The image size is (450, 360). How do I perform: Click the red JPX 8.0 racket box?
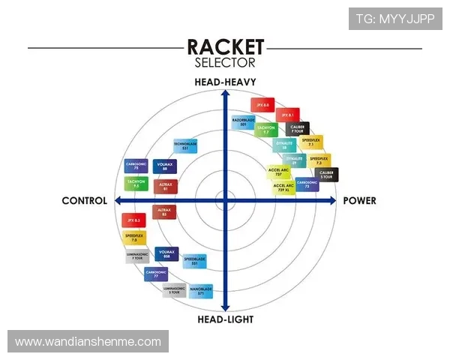pyautogui.click(x=261, y=105)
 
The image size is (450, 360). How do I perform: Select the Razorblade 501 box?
pyautogui.click(x=244, y=121)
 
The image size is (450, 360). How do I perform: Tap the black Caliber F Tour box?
pyautogui.click(x=298, y=129)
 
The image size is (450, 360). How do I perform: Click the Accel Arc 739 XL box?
pyautogui.click(x=283, y=185)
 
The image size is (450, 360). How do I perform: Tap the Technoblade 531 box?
pyautogui.click(x=185, y=145)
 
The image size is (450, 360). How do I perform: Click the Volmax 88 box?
pyautogui.click(x=165, y=166)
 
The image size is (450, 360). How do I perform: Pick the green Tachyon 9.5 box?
pyautogui.click(x=136, y=184)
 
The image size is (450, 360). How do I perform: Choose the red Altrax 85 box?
pyautogui.click(x=164, y=211)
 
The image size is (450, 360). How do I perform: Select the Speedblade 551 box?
pyautogui.click(x=194, y=261)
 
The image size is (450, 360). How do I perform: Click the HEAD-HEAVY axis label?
pyautogui.click(x=225, y=82)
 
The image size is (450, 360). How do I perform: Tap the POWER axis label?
pyautogui.click(x=359, y=201)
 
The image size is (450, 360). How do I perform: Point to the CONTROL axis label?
pyautogui.click(x=85, y=201)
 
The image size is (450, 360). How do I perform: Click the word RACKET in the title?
pyautogui.click(x=225, y=47)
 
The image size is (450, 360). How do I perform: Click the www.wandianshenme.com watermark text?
pyautogui.click(x=88, y=341)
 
